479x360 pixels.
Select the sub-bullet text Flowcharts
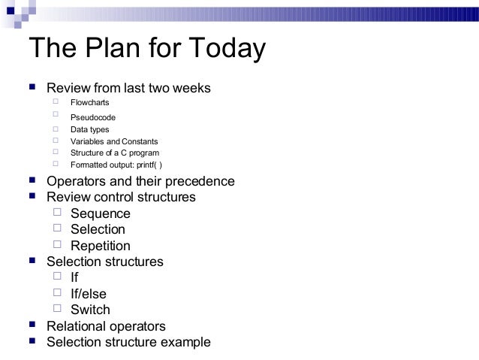tap(90, 102)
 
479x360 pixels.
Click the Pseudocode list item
tap(93, 117)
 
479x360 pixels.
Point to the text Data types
tap(89, 129)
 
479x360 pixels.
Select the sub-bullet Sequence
tap(101, 214)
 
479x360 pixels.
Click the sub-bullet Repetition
tap(101, 246)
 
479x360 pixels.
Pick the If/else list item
tap(89, 294)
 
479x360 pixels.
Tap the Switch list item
tap(90, 310)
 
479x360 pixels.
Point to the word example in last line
tap(185, 343)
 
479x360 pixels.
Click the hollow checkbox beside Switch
tap(58, 308)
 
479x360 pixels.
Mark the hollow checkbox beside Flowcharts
tap(56, 101)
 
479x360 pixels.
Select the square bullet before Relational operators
tap(32, 325)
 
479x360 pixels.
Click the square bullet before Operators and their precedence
tap(32, 181)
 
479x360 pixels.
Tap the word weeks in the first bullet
tap(191, 89)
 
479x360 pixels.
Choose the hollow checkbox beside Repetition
tap(58, 244)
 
